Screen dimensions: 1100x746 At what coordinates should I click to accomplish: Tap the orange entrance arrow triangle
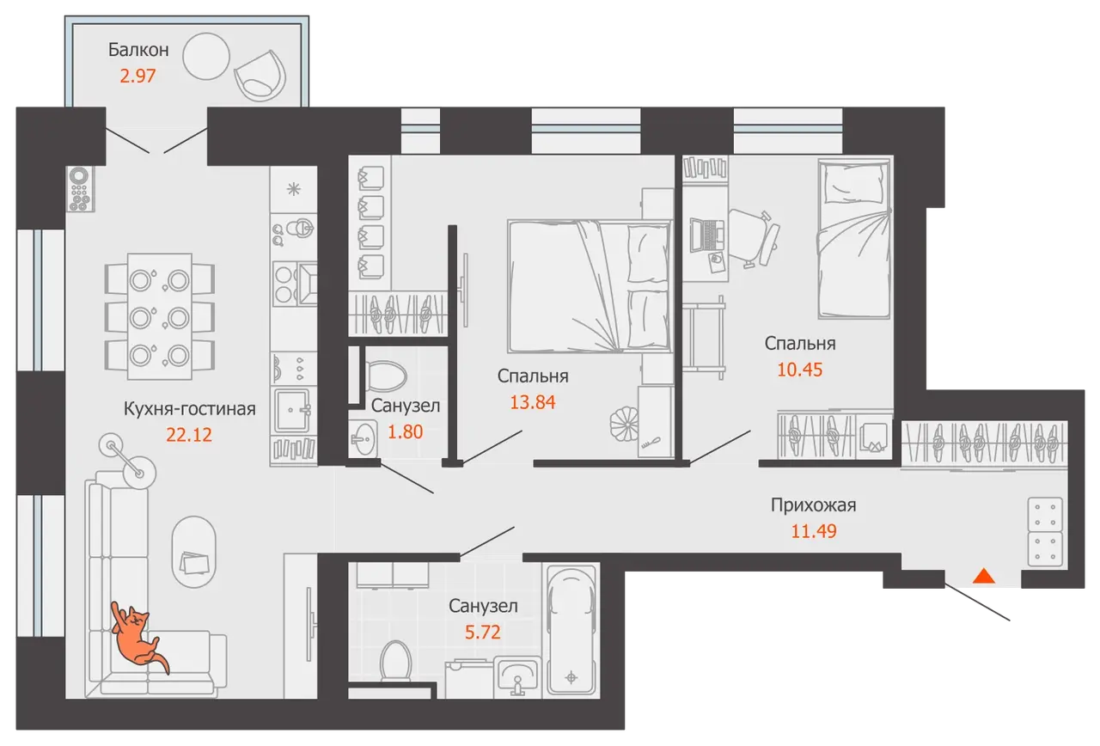[984, 576]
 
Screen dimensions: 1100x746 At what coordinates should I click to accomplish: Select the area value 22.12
[188, 435]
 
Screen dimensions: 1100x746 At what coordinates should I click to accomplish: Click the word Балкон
[138, 50]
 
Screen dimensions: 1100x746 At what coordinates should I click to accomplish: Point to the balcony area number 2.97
[137, 76]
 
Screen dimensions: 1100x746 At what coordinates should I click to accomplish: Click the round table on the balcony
[206, 56]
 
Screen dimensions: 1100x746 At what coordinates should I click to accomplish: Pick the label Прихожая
[813, 505]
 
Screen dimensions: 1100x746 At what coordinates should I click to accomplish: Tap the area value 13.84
[532, 402]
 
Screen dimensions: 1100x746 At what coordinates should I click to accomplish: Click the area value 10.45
[799, 370]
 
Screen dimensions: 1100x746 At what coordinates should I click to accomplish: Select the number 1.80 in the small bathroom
[405, 431]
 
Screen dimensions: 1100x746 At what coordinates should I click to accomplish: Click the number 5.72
[483, 632]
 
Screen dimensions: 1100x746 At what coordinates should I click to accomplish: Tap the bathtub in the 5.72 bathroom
[571, 630]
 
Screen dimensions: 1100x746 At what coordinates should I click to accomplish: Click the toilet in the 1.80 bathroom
[382, 376]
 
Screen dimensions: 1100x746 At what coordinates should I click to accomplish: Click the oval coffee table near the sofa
[193, 552]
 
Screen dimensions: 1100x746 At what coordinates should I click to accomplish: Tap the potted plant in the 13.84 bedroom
[624, 423]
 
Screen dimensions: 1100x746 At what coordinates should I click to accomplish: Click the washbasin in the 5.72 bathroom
[516, 675]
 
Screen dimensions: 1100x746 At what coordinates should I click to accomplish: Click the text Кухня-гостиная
[190, 408]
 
